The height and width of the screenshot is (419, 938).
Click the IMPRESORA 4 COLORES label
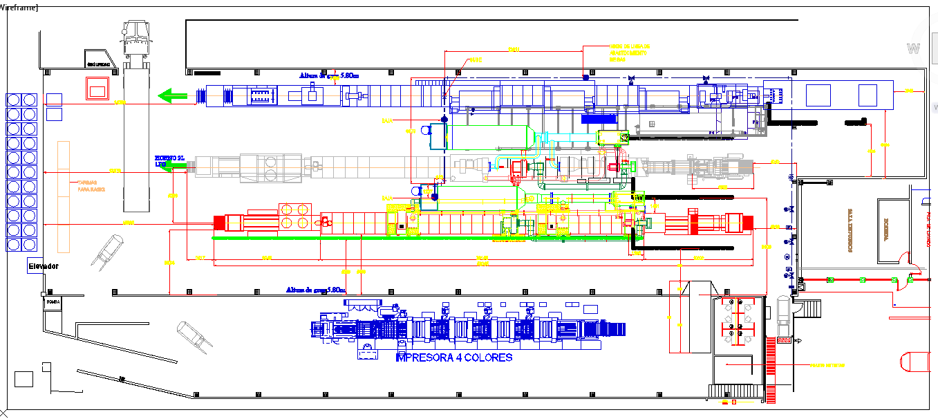pos(453,357)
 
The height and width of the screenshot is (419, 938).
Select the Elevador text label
pos(43,266)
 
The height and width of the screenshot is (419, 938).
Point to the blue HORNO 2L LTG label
pos(170,160)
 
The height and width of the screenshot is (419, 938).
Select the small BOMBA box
pos(53,302)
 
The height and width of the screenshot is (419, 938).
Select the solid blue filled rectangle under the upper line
pos(599,119)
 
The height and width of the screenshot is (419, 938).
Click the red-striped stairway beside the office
pos(772,373)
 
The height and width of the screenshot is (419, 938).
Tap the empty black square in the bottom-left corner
pos(24,379)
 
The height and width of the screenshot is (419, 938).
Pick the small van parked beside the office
pos(783,315)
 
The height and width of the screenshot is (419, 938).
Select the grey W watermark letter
pos(914,48)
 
